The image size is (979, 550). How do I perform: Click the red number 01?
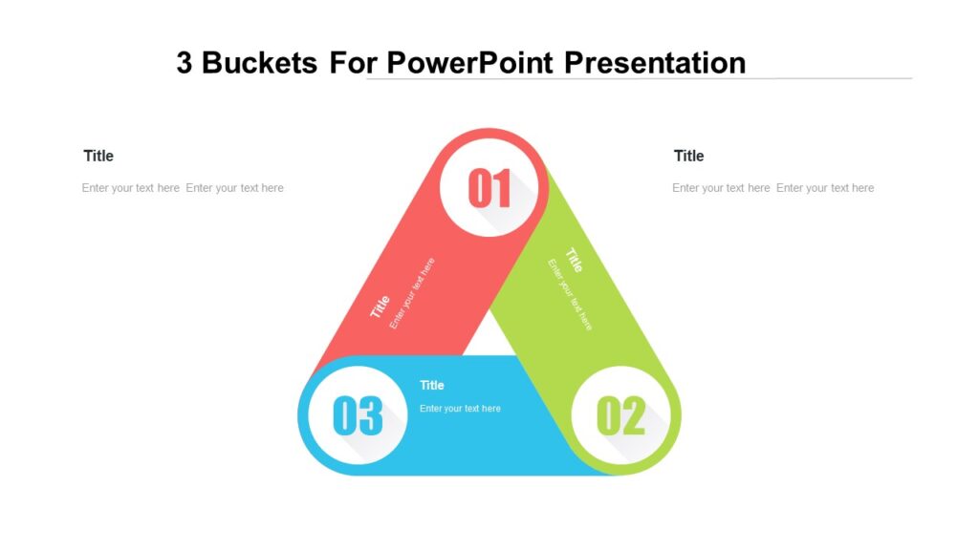tap(490, 189)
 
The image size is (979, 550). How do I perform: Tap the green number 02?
tap(621, 417)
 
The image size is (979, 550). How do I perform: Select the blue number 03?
tap(358, 417)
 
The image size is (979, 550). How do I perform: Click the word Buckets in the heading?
tap(260, 63)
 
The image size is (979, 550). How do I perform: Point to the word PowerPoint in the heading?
tap(470, 63)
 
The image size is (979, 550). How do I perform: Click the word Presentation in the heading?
tap(655, 63)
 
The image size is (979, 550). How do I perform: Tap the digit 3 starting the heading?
tap(185, 63)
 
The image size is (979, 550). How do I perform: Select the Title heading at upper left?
tap(98, 156)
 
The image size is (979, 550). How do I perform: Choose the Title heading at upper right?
tap(688, 156)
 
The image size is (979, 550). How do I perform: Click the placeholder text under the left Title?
tap(183, 188)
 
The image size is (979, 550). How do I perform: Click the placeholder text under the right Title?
tap(772, 188)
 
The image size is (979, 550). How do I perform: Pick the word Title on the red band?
tap(381, 307)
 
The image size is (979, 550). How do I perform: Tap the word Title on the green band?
tap(574, 260)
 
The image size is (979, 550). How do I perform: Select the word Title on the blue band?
tap(432, 385)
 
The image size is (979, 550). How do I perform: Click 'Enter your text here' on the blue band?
tap(460, 409)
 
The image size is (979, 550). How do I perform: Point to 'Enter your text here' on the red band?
tap(412, 293)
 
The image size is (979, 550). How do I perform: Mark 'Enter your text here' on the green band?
tap(570, 295)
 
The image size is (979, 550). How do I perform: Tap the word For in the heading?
tap(352, 63)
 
